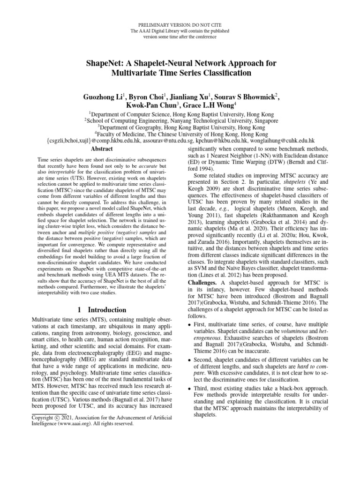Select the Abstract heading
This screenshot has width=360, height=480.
tap(101, 149)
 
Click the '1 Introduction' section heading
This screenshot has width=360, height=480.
tap(101, 310)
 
